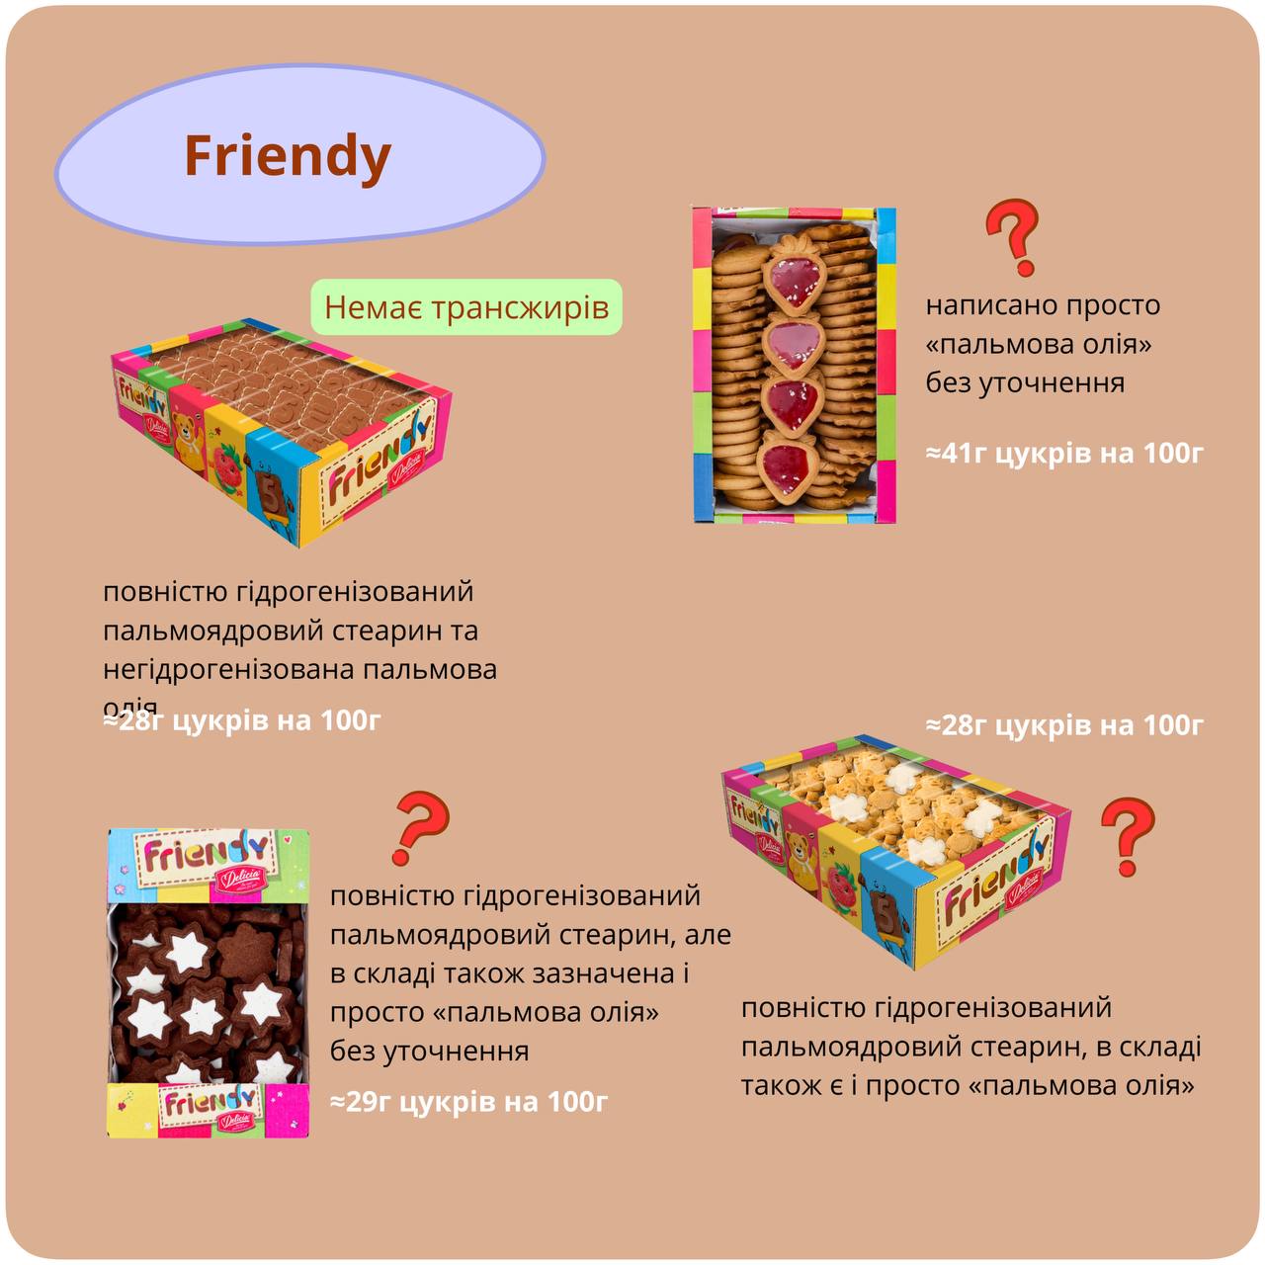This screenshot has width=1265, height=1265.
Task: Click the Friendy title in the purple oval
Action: pyautogui.click(x=288, y=156)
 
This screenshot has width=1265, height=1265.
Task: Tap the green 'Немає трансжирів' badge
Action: pyautogui.click(x=466, y=307)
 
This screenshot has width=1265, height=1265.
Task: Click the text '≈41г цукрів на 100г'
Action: pyautogui.click(x=1064, y=454)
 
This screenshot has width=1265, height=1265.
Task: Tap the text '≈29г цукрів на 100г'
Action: pyautogui.click(x=468, y=1101)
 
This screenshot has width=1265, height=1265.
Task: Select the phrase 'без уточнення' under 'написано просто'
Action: pyautogui.click(x=1025, y=382)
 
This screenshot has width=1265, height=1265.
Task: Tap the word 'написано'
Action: pyautogui.click(x=985, y=305)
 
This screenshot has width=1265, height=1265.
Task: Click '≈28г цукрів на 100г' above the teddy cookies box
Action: pyautogui.click(x=1064, y=725)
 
